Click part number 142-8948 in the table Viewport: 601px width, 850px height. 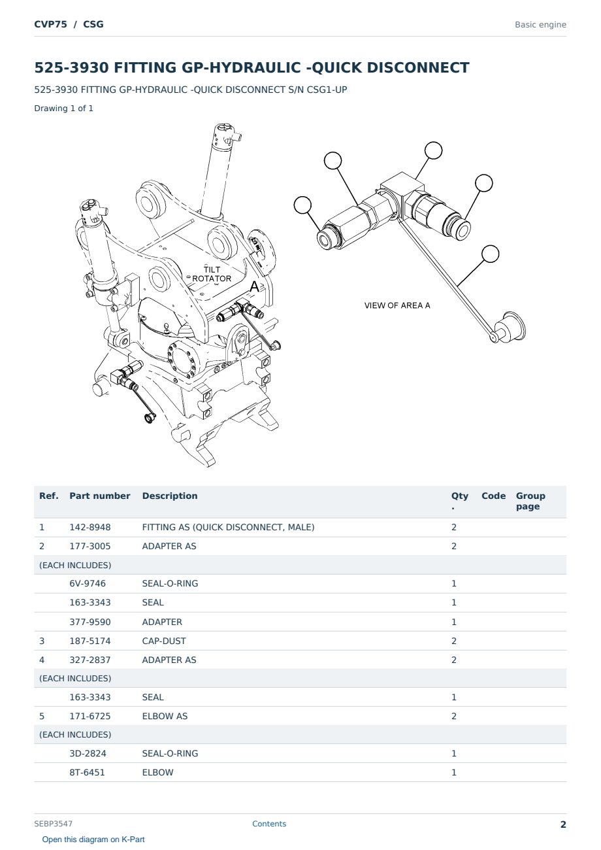[90, 527]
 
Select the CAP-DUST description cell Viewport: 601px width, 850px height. [164, 641]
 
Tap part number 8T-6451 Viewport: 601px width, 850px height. [87, 772]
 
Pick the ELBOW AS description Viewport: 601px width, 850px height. [165, 716]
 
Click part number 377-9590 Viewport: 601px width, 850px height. [90, 622]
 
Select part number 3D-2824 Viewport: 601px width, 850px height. [88, 753]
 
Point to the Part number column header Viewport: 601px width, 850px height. [100, 496]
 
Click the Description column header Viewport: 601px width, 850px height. [169, 496]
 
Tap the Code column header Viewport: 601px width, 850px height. [493, 496]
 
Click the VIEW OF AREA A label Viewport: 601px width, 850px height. [397, 305]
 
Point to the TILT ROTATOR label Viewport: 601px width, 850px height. [212, 274]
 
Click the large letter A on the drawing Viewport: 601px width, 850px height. [254, 286]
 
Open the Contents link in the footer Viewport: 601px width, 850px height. [269, 824]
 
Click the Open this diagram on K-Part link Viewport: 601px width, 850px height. [93, 840]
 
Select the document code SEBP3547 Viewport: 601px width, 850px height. [53, 824]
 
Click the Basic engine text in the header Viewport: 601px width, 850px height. [540, 25]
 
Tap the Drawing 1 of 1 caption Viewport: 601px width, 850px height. [64, 108]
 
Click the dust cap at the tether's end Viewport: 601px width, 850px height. [510, 327]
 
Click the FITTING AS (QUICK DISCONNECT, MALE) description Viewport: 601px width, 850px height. [228, 527]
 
